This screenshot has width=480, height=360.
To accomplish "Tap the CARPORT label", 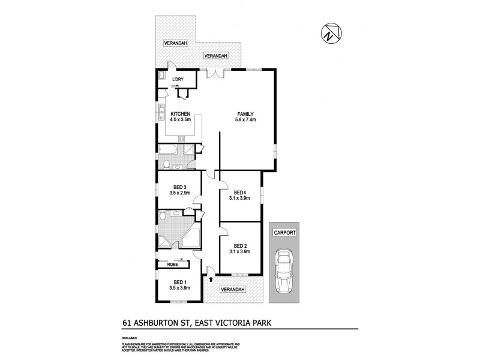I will click(283, 230).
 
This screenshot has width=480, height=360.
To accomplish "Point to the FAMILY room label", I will click(246, 114).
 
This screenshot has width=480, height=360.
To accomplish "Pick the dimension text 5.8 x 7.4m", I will click(246, 120).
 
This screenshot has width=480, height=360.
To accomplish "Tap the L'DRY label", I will click(178, 80).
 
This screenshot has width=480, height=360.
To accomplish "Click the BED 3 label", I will click(179, 187).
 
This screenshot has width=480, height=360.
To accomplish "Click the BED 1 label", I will click(179, 282).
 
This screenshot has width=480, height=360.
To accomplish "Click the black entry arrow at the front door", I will click(211, 278).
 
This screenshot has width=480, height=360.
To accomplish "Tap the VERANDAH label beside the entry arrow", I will click(233, 289).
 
